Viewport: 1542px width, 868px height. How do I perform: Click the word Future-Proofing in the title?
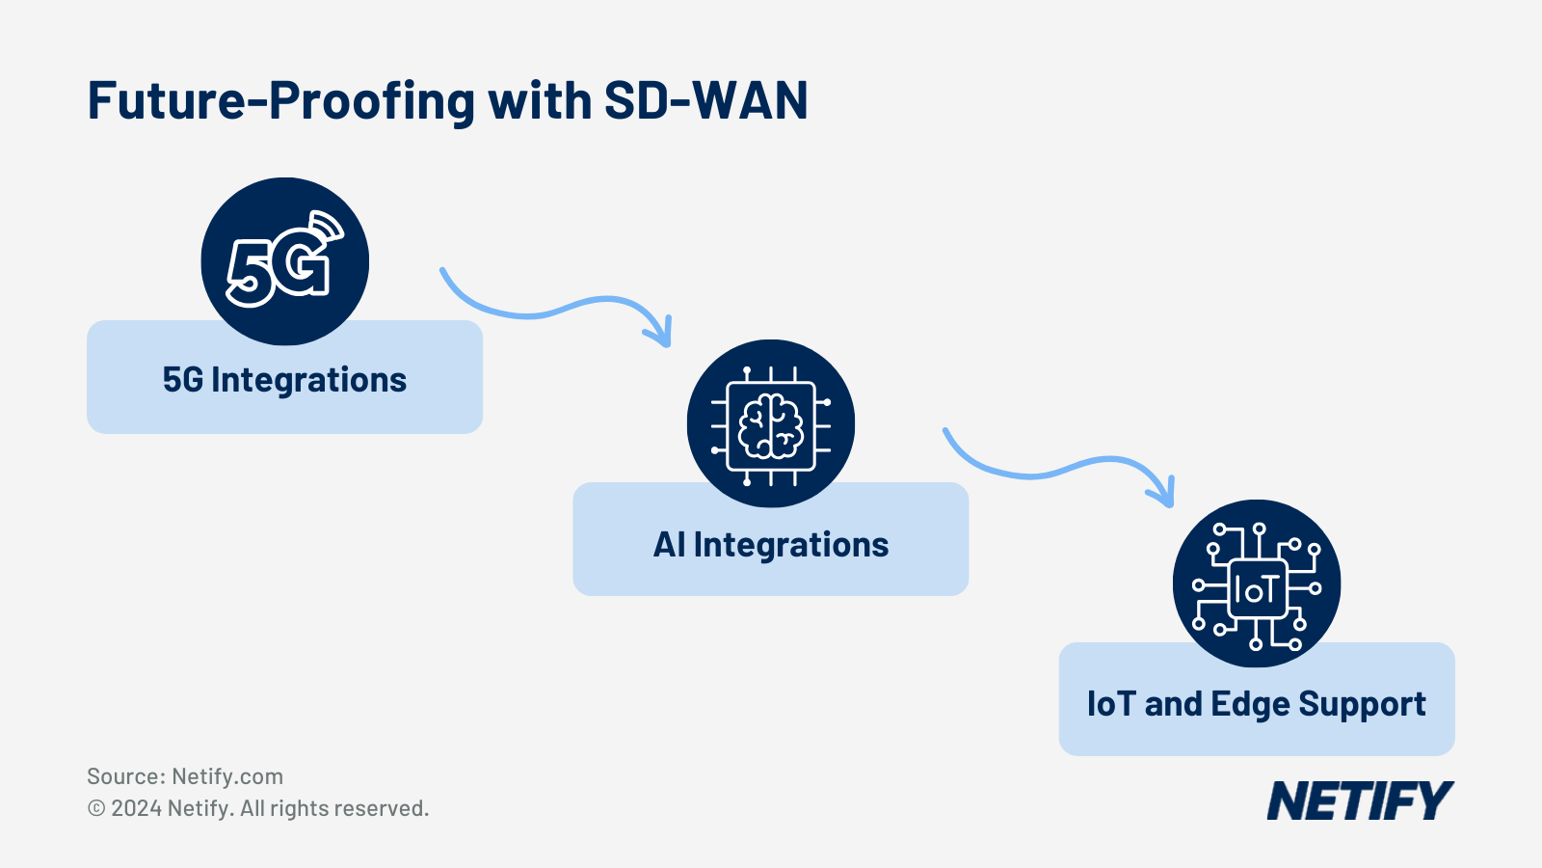280,101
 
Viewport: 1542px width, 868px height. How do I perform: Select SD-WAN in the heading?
705,101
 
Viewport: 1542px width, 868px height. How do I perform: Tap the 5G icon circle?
284,261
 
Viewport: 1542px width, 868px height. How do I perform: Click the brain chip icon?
771,424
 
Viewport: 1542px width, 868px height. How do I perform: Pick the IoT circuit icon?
1257,584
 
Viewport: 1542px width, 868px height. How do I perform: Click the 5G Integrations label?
284,380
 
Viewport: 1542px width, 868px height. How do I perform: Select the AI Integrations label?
771,545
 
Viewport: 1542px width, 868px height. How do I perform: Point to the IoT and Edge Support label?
1256,704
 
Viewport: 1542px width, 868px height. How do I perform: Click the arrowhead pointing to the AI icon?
661,334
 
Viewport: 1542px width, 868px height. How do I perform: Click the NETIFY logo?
1359,801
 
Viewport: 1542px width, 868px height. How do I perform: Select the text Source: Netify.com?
185,776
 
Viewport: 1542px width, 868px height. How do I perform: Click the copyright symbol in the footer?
96,808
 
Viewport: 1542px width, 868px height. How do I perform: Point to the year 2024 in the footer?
136,808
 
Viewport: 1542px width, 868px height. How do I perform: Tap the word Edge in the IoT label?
1250,705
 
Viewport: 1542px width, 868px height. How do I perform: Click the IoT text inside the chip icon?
1257,590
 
